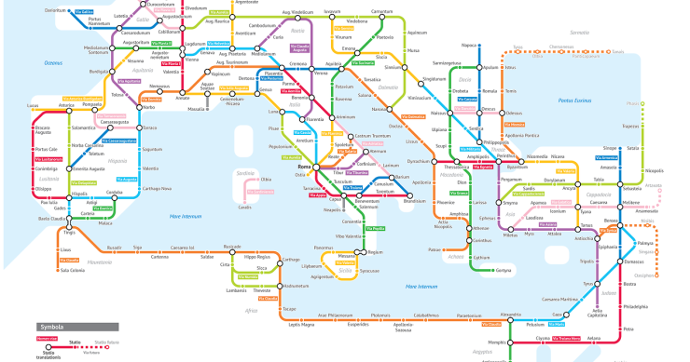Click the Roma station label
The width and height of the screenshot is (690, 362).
coord(304,168)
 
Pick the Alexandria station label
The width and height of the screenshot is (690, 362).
coord(511,315)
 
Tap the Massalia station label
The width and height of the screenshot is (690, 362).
coord(197,109)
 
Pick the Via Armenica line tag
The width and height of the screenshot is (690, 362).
coord(601,158)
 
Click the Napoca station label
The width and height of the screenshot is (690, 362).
coord(469,45)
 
